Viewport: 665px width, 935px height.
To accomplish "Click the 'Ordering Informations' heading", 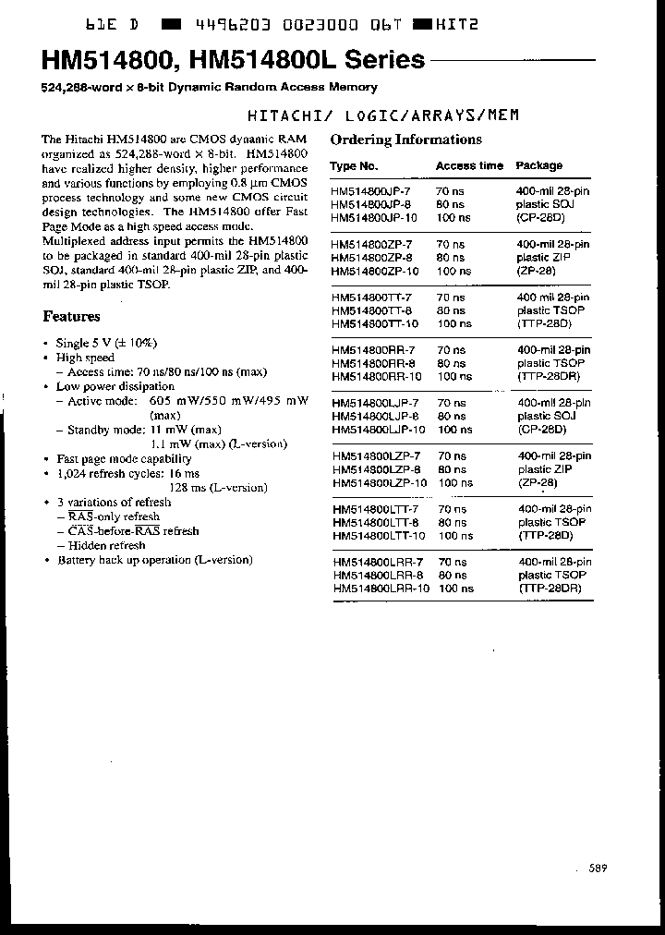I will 405,140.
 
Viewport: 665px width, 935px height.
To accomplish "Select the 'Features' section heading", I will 71,316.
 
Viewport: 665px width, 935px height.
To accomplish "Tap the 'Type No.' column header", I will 354,166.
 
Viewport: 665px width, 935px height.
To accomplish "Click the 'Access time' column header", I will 469,166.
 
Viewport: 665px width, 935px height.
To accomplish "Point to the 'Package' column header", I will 538,166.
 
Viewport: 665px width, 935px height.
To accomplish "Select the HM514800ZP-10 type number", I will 374,272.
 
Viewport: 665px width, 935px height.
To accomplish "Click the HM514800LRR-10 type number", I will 380,589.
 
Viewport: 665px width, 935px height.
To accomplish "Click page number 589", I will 598,868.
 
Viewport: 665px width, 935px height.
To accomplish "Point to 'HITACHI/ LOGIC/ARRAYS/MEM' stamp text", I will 384,115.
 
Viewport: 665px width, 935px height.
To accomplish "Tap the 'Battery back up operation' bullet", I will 154,560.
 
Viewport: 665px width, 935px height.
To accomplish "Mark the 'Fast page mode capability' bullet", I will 124,458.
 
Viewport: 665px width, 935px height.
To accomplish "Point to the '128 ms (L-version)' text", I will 218,488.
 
